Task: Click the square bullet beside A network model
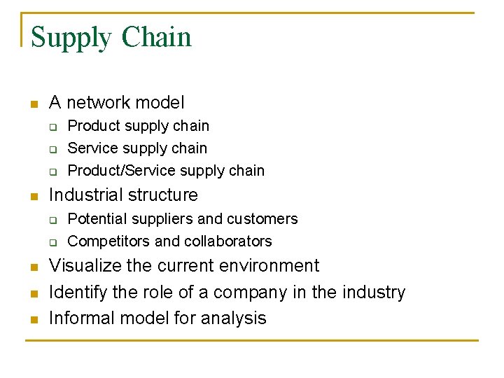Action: tap(32, 104)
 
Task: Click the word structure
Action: tap(164, 195)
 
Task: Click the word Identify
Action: tap(76, 292)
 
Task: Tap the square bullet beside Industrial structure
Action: tap(32, 196)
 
